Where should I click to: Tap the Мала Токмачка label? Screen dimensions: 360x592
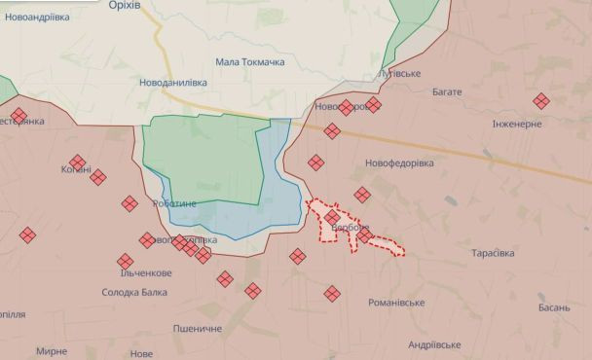click(249, 62)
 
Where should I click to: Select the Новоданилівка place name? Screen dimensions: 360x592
click(173, 83)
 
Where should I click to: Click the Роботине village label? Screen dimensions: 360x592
click(174, 202)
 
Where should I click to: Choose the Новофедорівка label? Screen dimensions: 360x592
click(399, 162)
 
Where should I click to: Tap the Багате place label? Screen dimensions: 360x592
click(447, 91)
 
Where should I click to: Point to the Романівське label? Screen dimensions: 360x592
click(396, 303)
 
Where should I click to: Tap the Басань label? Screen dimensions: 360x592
click(553, 306)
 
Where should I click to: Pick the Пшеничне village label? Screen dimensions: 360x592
click(198, 329)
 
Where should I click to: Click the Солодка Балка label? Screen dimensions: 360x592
click(134, 292)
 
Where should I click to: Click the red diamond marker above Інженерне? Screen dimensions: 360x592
click(540, 100)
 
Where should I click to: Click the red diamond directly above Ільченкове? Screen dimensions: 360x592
click(125, 261)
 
